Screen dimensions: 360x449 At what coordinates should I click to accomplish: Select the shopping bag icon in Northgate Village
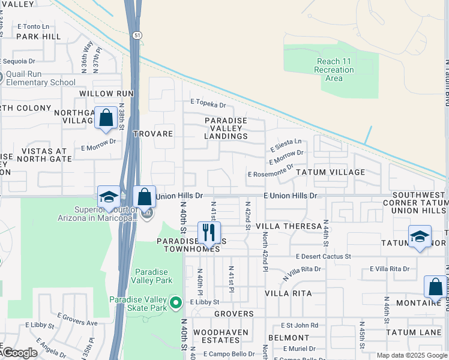pyautogui.click(x=106, y=118)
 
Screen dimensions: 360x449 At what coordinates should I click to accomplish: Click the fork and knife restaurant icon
pyautogui.click(x=209, y=233)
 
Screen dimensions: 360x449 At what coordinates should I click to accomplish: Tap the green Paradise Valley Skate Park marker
pyautogui.click(x=175, y=303)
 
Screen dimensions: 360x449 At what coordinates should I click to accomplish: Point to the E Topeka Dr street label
pyautogui.click(x=208, y=104)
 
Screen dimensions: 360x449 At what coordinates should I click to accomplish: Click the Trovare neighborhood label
pyautogui.click(x=153, y=134)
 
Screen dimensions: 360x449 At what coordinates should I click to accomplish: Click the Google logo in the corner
pyautogui.click(x=19, y=353)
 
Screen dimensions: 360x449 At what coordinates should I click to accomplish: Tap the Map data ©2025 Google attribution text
pyautogui.click(x=411, y=355)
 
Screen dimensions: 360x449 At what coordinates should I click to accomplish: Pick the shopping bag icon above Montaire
pyautogui.click(x=435, y=286)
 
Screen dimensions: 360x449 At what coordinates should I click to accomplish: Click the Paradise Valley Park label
pyautogui.click(x=153, y=276)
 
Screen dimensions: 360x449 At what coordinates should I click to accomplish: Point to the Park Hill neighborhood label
pyautogui.click(x=38, y=36)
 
